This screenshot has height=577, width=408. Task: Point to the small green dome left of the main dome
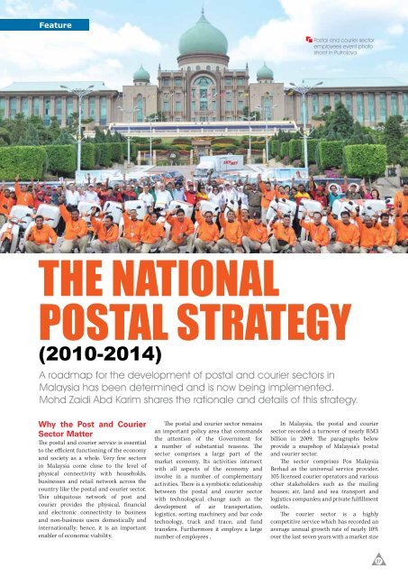[141, 73]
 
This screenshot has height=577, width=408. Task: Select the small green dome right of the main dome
[265, 71]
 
